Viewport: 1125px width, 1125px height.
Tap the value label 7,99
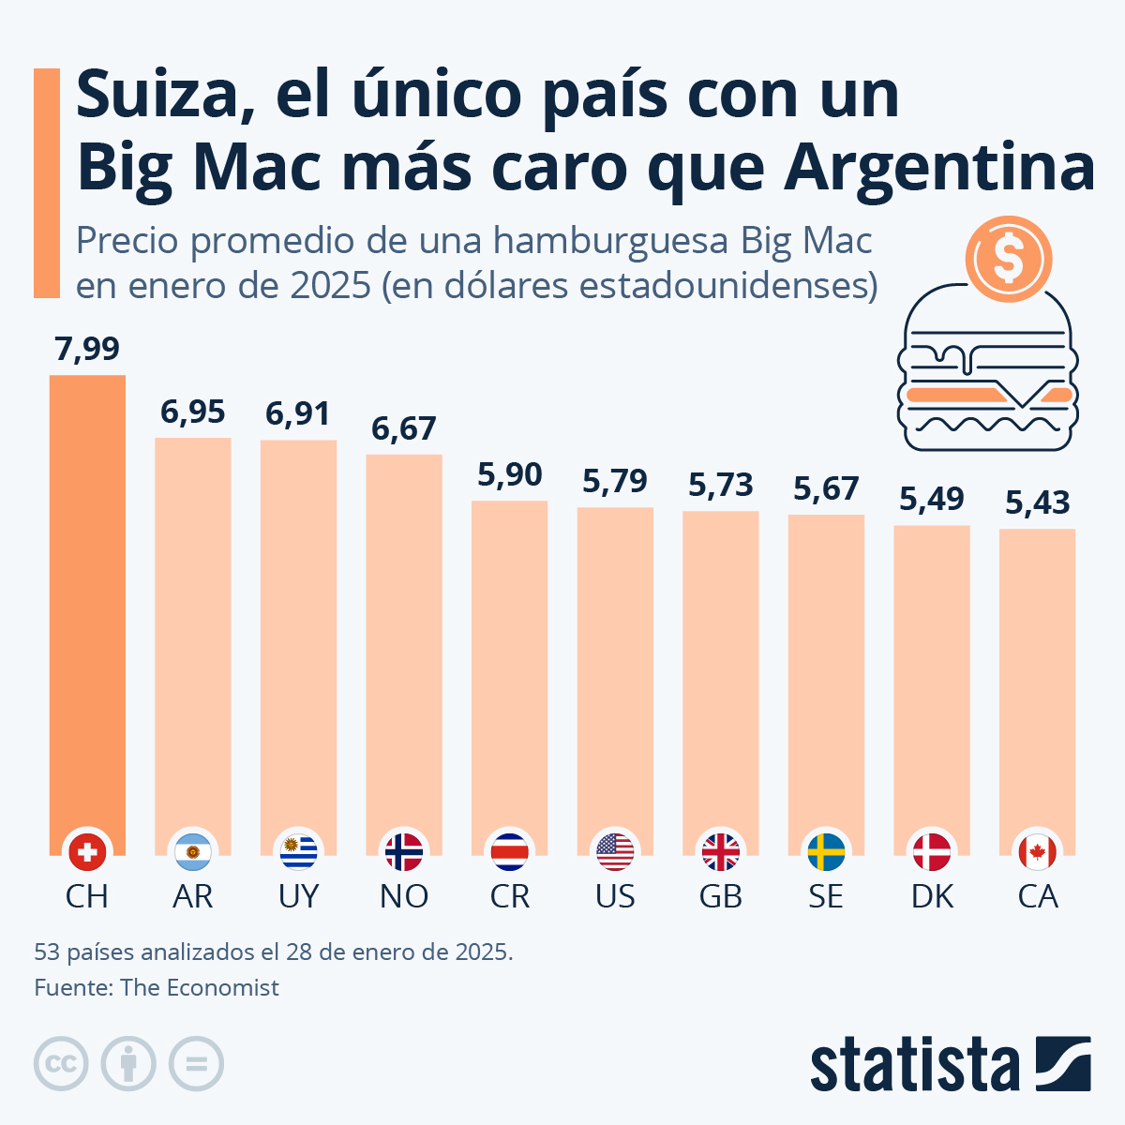tap(87, 349)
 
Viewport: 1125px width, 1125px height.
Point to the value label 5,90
tap(510, 474)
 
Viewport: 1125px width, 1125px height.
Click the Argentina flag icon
tap(193, 851)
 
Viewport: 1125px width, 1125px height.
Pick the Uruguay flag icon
tap(299, 851)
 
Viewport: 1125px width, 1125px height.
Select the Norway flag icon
tap(404, 851)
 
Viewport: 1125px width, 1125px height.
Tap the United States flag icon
tap(615, 851)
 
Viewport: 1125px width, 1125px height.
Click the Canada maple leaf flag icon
tap(1037, 851)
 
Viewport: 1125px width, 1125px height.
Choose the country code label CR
tap(510, 896)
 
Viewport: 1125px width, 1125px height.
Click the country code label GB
tap(721, 896)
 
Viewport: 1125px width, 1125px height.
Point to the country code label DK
tap(932, 896)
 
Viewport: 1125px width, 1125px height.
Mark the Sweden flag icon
tap(826, 851)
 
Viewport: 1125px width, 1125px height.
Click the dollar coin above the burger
tap(1009, 259)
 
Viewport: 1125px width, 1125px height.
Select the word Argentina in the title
tap(939, 169)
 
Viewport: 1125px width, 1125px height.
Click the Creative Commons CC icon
tap(61, 1064)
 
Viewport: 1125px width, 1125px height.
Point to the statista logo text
tap(914, 1066)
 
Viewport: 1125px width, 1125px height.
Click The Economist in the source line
tap(200, 987)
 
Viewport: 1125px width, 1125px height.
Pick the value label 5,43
tap(1037, 503)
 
